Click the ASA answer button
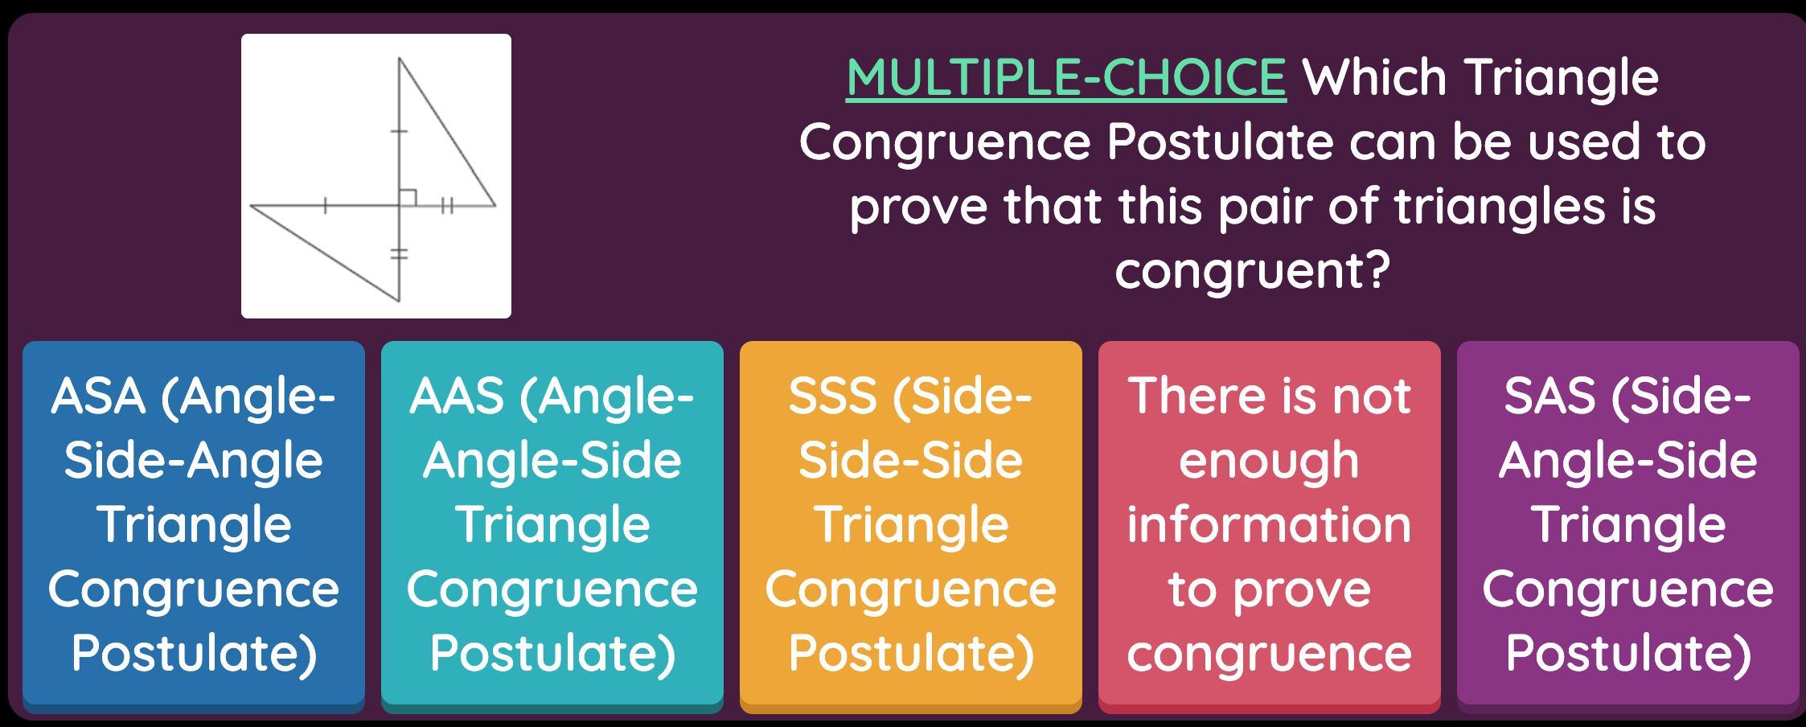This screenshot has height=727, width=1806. (x=194, y=526)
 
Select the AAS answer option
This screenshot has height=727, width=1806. (x=552, y=526)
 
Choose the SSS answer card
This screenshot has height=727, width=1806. (x=911, y=526)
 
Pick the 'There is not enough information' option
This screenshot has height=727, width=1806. (x=1270, y=526)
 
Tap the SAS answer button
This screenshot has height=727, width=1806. (x=1628, y=526)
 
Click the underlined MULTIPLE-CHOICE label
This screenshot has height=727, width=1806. (x=1066, y=78)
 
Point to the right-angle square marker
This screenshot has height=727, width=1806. (x=408, y=197)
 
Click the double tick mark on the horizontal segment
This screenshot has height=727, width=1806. (x=448, y=206)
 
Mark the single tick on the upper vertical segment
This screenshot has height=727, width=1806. (x=399, y=130)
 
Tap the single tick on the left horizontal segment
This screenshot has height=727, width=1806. (x=325, y=206)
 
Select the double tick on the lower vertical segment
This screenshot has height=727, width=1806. (x=399, y=254)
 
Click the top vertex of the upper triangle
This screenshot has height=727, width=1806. (x=400, y=58)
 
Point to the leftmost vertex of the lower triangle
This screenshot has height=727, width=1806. (x=251, y=206)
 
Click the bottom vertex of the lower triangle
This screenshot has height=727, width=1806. (x=400, y=302)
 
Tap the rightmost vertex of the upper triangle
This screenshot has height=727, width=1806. (x=495, y=205)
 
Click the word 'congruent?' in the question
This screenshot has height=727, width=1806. (x=1252, y=270)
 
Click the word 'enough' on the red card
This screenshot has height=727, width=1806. (x=1269, y=462)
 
